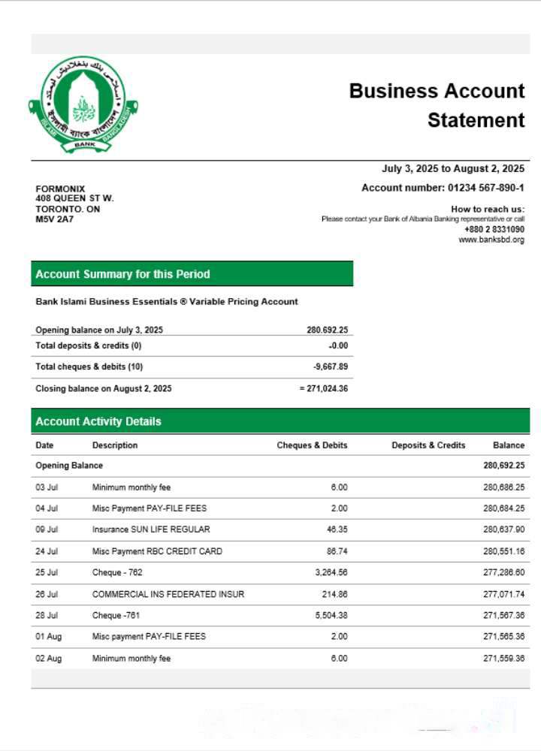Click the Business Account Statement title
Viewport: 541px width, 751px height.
(437, 105)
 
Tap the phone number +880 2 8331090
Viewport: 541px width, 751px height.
(494, 229)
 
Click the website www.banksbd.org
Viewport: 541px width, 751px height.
(491, 240)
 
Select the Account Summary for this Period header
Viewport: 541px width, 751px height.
(122, 274)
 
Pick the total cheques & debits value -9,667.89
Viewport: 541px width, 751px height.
(330, 366)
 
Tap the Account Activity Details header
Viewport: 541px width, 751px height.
(98, 421)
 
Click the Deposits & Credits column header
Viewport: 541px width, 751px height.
(428, 445)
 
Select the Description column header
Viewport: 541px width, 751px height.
(115, 445)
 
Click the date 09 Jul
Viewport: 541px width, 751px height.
(47, 529)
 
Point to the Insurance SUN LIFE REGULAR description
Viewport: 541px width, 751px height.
(151, 529)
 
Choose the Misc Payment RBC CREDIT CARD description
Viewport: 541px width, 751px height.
(157, 551)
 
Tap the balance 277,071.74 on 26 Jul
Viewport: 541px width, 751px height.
(503, 594)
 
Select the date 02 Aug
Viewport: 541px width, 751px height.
(47, 659)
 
